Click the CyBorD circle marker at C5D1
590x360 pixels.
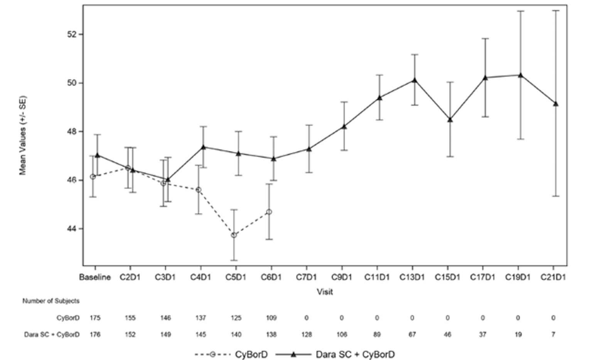[234, 235]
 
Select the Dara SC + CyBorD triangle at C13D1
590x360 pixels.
[415, 80]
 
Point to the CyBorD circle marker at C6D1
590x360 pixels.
[269, 212]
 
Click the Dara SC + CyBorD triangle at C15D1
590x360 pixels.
[450, 119]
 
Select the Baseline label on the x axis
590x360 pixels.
[95, 277]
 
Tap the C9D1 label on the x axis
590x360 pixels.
[342, 277]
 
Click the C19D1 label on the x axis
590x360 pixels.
[518, 277]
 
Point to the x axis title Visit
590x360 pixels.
[325, 292]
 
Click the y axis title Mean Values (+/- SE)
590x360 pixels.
[23, 135]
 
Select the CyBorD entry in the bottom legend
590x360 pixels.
[231, 354]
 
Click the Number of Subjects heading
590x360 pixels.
[51, 301]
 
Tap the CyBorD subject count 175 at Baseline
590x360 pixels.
[95, 318]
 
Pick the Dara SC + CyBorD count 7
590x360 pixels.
[553, 335]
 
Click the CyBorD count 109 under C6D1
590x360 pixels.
[271, 318]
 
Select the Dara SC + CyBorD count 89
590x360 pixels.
[377, 335]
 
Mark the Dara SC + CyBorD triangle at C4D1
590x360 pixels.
[203, 147]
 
